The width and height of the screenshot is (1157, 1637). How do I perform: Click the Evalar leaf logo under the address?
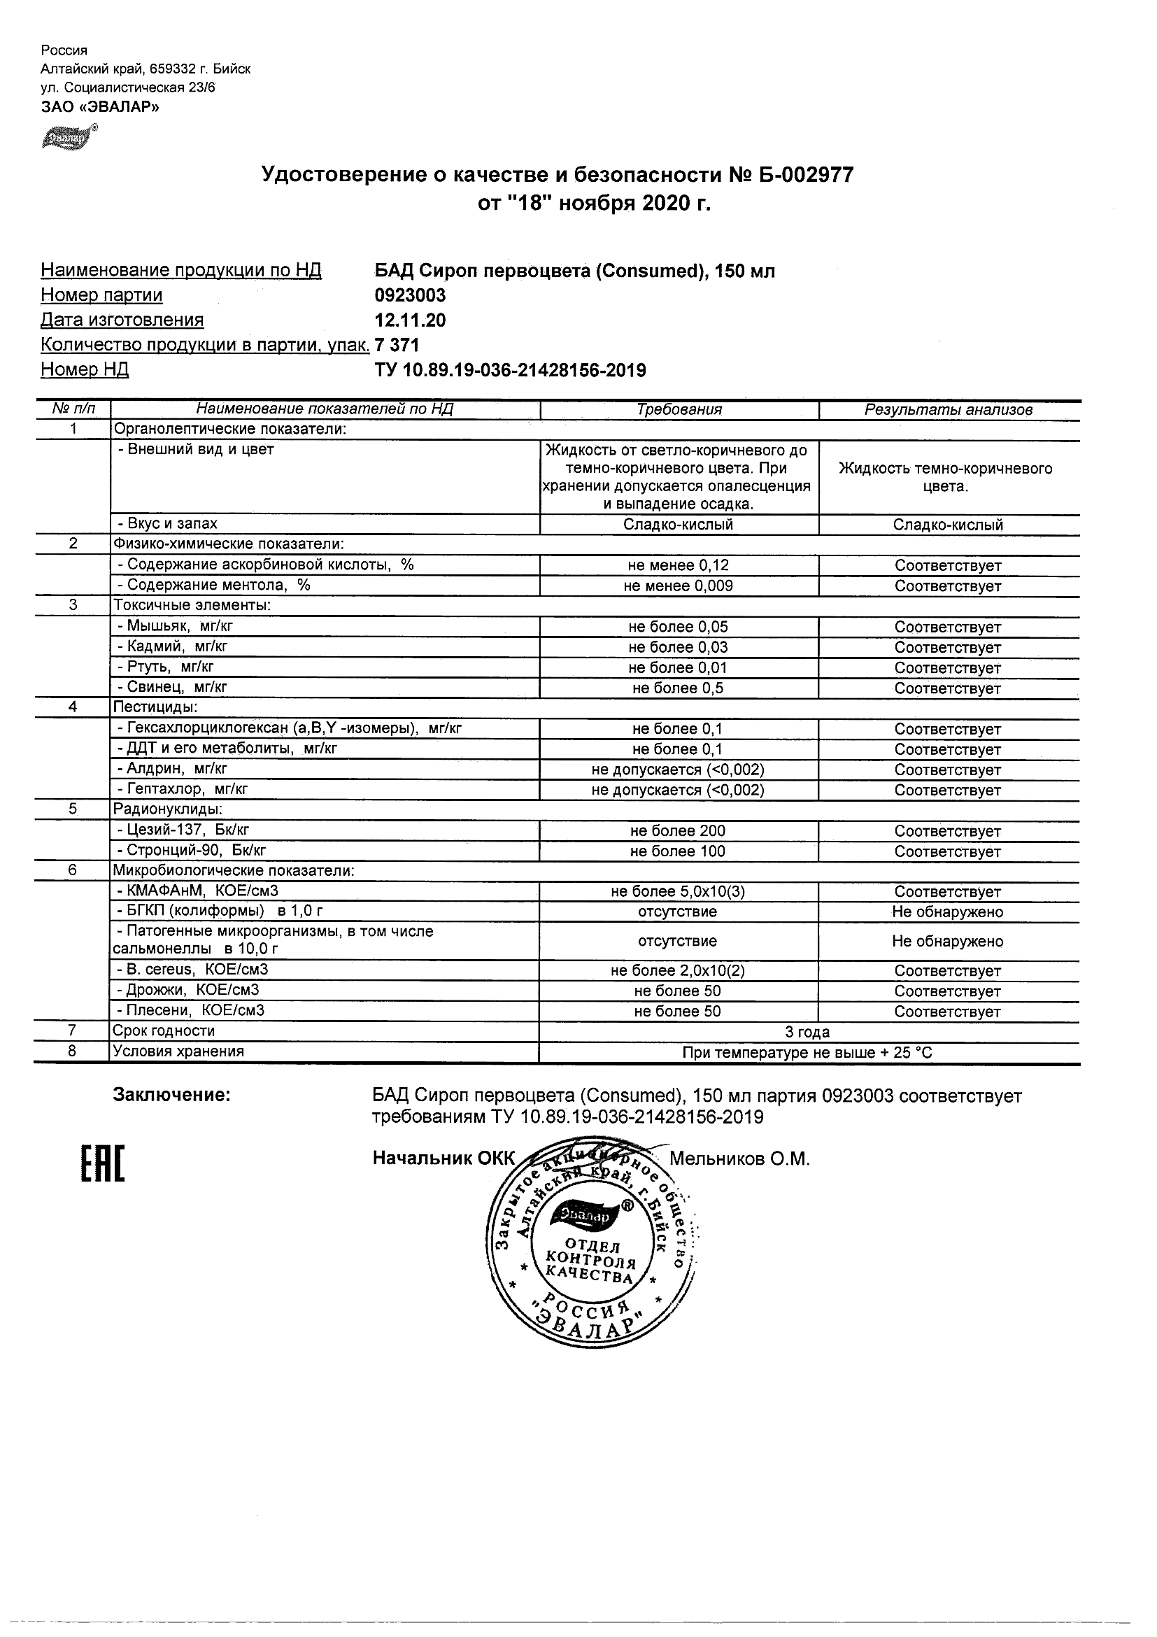pyautogui.click(x=69, y=137)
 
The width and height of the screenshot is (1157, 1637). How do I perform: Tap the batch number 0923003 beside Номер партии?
pyautogui.click(x=410, y=295)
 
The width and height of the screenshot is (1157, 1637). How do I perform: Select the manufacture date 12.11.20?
pyautogui.click(x=410, y=320)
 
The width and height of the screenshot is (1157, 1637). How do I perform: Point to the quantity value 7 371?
pyautogui.click(x=397, y=345)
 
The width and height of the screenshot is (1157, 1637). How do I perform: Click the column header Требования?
pyautogui.click(x=679, y=410)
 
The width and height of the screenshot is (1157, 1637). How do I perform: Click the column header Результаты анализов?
pyautogui.click(x=948, y=410)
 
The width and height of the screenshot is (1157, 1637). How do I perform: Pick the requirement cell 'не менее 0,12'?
pyautogui.click(x=678, y=565)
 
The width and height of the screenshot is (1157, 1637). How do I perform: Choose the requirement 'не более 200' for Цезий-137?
pyautogui.click(x=677, y=830)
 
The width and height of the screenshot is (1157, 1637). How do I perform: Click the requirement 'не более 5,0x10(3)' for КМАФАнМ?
pyautogui.click(x=678, y=891)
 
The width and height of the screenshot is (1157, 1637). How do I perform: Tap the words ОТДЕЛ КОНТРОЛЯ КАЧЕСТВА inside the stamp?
pyautogui.click(x=590, y=1261)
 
